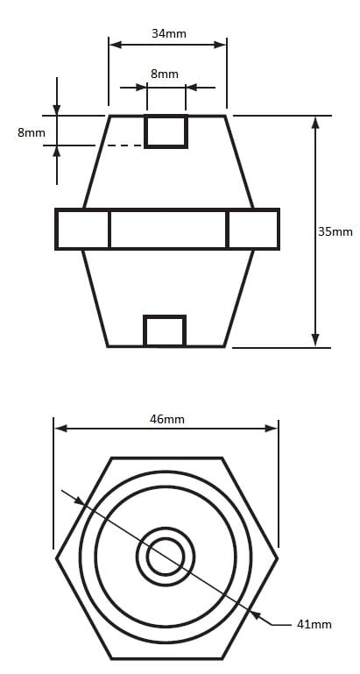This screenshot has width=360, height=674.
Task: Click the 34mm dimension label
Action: click(169, 33)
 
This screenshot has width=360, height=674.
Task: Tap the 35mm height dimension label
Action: click(335, 231)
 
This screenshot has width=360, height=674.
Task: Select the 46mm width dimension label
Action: click(167, 419)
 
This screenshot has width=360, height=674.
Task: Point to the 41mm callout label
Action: click(314, 624)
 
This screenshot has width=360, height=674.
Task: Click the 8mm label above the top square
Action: click(164, 74)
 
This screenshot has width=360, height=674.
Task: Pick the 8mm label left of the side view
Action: click(32, 132)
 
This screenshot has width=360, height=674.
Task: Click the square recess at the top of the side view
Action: click(166, 131)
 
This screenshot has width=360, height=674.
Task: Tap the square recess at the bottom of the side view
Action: click(165, 330)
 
